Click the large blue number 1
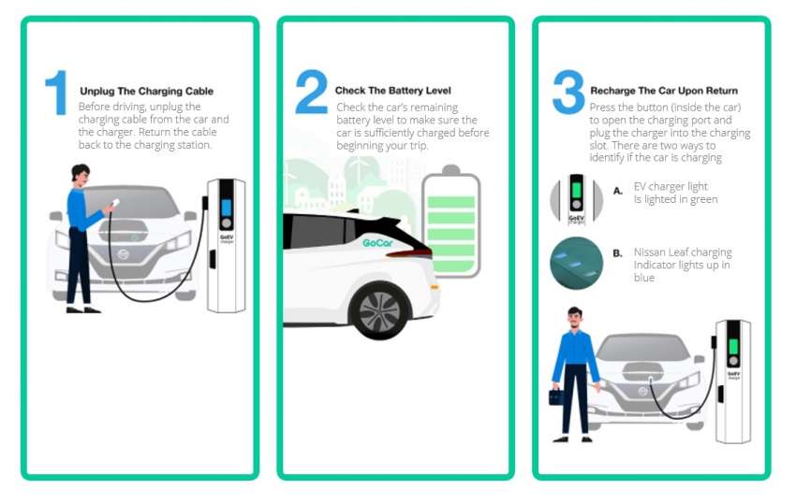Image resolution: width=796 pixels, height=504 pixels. coord(57,93)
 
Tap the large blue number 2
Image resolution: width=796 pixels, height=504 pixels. coord(311,93)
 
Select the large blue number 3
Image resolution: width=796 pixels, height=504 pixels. coord(568,93)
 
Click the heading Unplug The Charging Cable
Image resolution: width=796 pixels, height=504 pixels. coord(146,92)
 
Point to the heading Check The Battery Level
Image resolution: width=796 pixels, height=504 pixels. coord(392,91)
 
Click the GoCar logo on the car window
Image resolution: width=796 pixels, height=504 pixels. coord(377,242)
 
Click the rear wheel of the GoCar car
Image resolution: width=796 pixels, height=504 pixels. coord(379,310)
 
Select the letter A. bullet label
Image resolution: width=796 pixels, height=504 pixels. coord(617,191)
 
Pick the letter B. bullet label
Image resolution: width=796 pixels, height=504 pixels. coord(617,252)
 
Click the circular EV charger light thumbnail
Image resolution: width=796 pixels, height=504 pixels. coord(576,198)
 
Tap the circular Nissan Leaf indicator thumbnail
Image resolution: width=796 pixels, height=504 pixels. coord(576,263)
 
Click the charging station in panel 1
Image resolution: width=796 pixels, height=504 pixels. coord(225,243)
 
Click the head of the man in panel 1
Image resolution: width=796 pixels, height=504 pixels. coord(81,175)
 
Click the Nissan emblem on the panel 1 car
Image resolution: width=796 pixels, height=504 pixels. coord(123,254)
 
